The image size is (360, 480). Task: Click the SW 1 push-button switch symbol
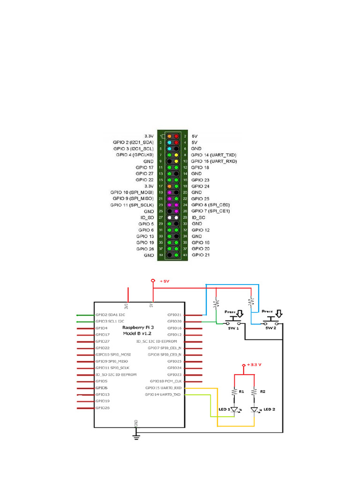234,322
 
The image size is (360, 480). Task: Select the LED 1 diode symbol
234,409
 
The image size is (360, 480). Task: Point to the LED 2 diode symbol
254,410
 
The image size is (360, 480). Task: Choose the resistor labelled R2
254,391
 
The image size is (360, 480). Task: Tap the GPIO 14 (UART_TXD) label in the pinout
213,155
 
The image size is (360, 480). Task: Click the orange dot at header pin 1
169,135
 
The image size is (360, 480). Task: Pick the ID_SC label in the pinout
199,217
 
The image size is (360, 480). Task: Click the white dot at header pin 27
169,217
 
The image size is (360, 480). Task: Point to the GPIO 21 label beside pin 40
200,255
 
